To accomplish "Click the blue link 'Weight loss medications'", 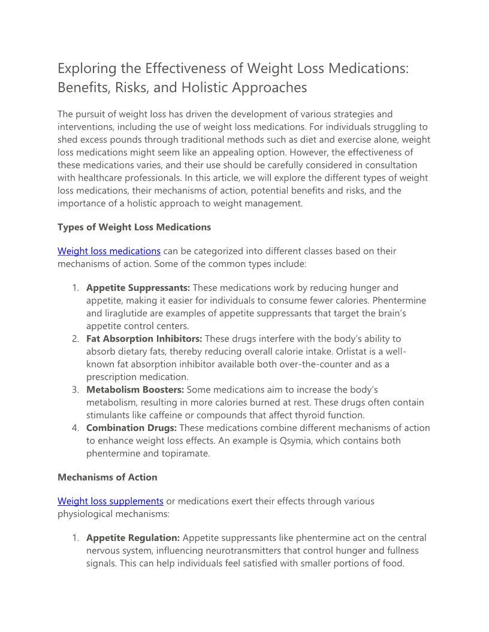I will coord(109,251).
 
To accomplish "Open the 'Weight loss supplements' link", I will coord(110,501).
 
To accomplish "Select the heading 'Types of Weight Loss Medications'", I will coord(134,227).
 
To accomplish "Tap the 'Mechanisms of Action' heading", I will coord(107,477).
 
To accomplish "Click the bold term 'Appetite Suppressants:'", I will coord(138,288).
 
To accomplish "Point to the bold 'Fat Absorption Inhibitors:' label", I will coord(144,339).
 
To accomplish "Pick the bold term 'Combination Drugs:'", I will coord(131,428).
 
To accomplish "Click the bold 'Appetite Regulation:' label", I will coord(133,538).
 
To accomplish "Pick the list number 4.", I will coord(76,428).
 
